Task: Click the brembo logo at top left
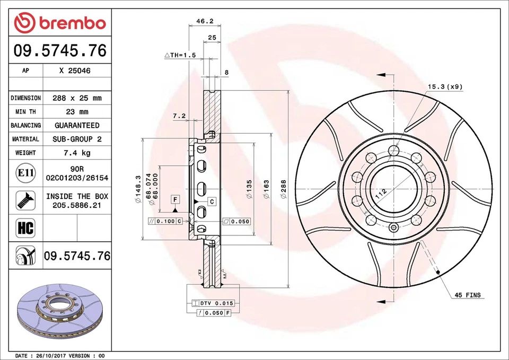pyautogui.click(x=60, y=23)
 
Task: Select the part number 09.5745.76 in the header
pyautogui.click(x=60, y=51)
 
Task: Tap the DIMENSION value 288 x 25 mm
pyautogui.click(x=77, y=98)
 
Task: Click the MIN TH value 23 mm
pyautogui.click(x=77, y=112)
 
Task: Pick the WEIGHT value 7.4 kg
pyautogui.click(x=77, y=153)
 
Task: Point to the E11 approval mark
pyautogui.click(x=25, y=173)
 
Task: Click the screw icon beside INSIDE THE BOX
pyautogui.click(x=25, y=200)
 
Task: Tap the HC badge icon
pyautogui.click(x=25, y=228)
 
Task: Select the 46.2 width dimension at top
pyautogui.click(x=205, y=22)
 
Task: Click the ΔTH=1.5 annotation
pyautogui.click(x=180, y=55)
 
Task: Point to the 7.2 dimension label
pyautogui.click(x=179, y=116)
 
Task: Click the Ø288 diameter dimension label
pyautogui.click(x=283, y=189)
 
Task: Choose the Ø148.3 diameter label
pyautogui.click(x=138, y=189)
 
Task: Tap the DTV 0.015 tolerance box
pyautogui.click(x=216, y=303)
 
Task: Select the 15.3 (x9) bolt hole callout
pyautogui.click(x=445, y=86)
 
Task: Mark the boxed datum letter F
pyautogui.click(x=174, y=199)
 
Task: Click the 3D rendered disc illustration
pyautogui.click(x=59, y=313)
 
